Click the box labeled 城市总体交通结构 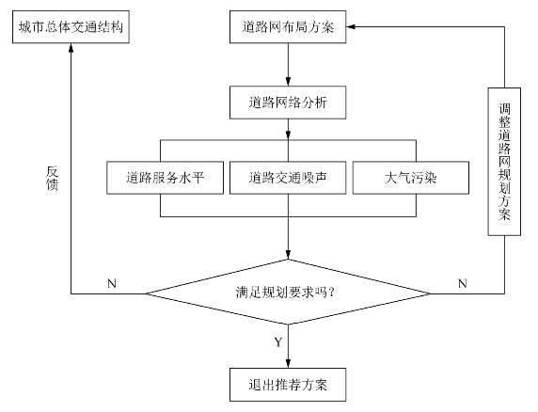pyautogui.click(x=71, y=26)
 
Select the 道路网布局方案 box pyautogui.click(x=288, y=26)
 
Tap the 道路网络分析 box pyautogui.click(x=288, y=103)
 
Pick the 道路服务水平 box pyautogui.click(x=165, y=178)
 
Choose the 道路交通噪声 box pyautogui.click(x=288, y=178)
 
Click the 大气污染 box pyautogui.click(x=411, y=178)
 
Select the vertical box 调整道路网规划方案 pyautogui.click(x=504, y=162)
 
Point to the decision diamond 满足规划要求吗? pyautogui.click(x=288, y=292)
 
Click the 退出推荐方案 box pyautogui.click(x=288, y=385)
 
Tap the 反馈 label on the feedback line pyautogui.click(x=52, y=178)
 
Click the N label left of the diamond pyautogui.click(x=112, y=284)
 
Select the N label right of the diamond pyautogui.click(x=463, y=284)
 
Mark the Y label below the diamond pyautogui.click(x=278, y=342)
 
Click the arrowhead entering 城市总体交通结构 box pyautogui.click(x=71, y=48)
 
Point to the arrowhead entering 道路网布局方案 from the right pyautogui.click(x=351, y=26)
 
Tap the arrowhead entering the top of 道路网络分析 pyautogui.click(x=288, y=81)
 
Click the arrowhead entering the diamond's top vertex pyautogui.click(x=288, y=255)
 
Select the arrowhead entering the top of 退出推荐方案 pyautogui.click(x=288, y=364)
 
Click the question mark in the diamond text pyautogui.click(x=331, y=293)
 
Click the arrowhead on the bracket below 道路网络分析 pyautogui.click(x=288, y=135)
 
